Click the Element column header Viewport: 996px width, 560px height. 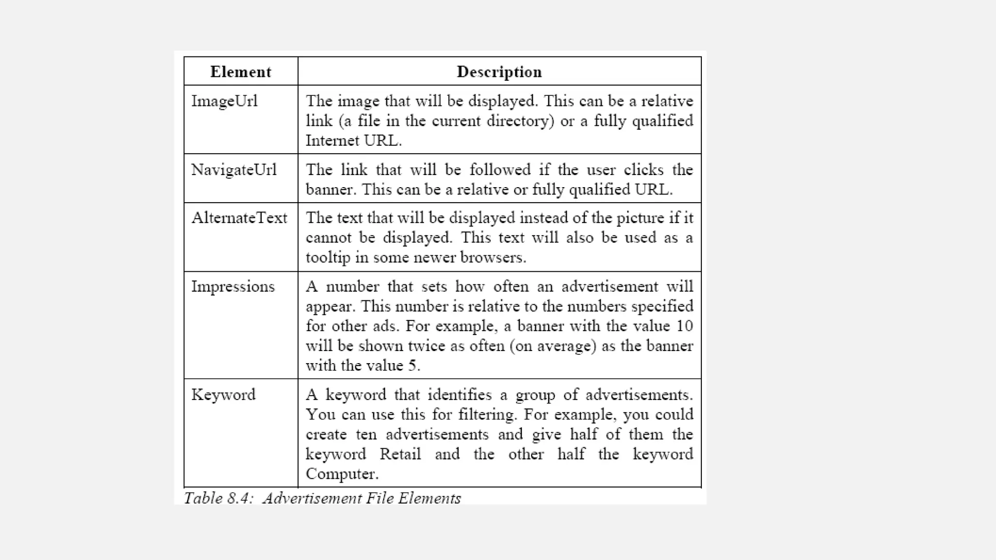[240, 72]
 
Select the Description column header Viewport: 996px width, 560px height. [499, 72]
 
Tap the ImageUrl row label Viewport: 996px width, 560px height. [224, 101]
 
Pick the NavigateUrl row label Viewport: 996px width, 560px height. [233, 170]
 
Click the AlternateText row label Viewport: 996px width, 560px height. [239, 218]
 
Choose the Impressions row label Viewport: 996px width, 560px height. [232, 286]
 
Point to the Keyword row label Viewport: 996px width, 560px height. [223, 394]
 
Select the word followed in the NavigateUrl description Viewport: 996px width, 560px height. [500, 170]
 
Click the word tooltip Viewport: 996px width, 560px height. [328, 258]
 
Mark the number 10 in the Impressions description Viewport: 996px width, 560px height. [684, 326]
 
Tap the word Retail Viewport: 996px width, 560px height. [400, 454]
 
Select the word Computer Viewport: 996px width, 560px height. [341, 474]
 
